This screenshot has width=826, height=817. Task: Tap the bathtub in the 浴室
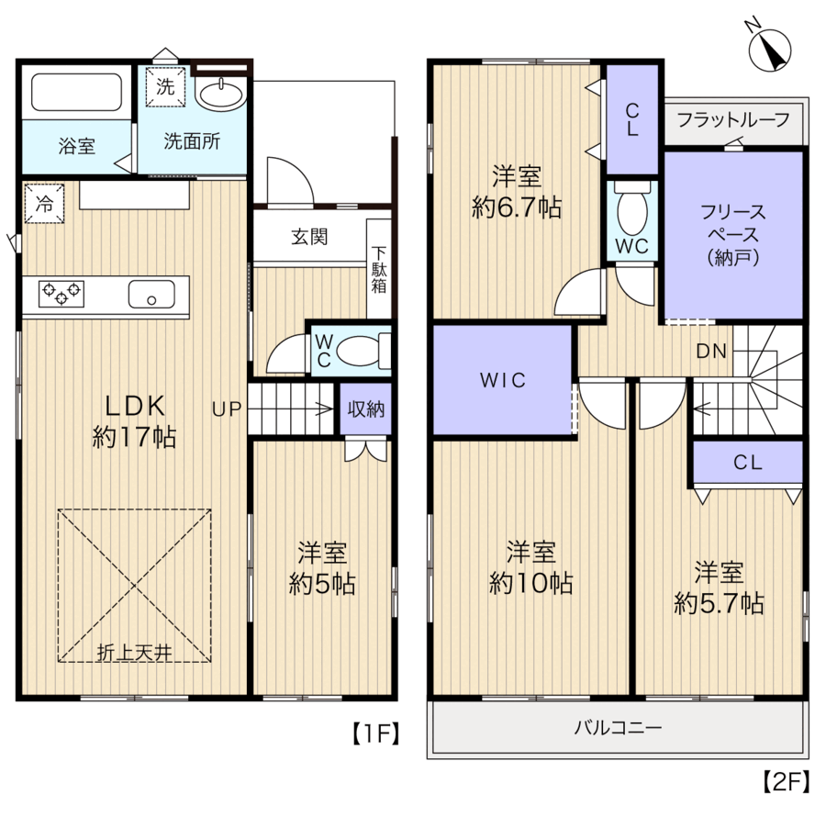(x=77, y=92)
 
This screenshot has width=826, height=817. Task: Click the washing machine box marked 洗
(x=165, y=87)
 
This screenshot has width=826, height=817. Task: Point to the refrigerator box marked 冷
(x=44, y=203)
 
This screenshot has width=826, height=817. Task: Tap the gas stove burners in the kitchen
(x=61, y=294)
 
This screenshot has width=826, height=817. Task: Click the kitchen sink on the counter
(x=151, y=294)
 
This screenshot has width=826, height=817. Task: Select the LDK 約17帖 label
(x=134, y=421)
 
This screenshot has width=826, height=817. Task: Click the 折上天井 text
(x=134, y=653)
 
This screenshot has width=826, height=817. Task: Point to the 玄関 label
(x=309, y=237)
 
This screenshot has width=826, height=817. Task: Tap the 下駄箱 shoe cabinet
(x=379, y=269)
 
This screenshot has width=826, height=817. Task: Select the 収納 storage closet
(x=365, y=409)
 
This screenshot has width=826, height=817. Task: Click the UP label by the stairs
(x=227, y=409)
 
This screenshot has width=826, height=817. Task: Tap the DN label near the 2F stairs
(x=711, y=351)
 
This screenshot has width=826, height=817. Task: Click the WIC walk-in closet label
(x=503, y=380)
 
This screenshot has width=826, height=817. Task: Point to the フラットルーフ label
(x=733, y=120)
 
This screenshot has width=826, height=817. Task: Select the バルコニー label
(x=618, y=728)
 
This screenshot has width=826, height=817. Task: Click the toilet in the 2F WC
(x=632, y=208)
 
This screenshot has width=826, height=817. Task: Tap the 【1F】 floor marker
(x=375, y=733)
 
